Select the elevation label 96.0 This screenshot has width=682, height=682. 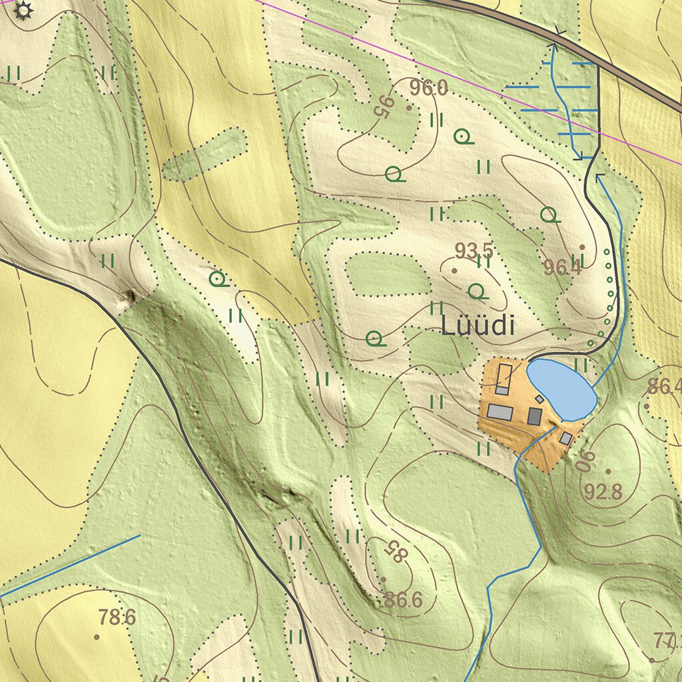click(x=428, y=88)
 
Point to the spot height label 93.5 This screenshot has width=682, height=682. click(x=474, y=251)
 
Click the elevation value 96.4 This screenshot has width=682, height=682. click(x=562, y=268)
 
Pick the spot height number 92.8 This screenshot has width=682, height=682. click(x=603, y=492)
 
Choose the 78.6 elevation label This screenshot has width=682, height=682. click(x=117, y=617)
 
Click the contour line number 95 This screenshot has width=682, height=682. click(x=383, y=107)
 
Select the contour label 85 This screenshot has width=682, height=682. click(x=394, y=551)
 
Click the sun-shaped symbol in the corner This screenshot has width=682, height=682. click(x=23, y=10)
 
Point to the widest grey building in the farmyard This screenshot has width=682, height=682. click(x=500, y=412)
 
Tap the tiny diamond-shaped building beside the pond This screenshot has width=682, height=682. click(x=539, y=399)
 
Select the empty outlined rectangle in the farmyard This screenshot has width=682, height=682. click(x=504, y=372)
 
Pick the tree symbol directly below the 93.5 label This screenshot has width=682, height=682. click(x=477, y=291)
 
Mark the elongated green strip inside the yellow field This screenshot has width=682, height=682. click(x=204, y=154)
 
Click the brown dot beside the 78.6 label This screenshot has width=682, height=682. click(x=97, y=637)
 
